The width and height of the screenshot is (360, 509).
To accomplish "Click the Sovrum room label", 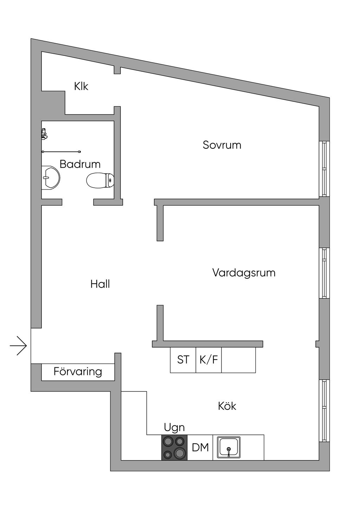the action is pos(222,145).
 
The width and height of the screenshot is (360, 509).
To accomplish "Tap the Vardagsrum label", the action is pos(244,273).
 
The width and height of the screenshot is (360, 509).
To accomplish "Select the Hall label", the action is pos(100,284).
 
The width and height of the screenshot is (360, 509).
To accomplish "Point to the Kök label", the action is pos(227,406).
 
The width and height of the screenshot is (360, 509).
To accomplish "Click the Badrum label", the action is pos(80,164).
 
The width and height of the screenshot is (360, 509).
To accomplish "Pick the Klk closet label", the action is pos(81,86).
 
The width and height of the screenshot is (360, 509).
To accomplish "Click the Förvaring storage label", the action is pos(78,372).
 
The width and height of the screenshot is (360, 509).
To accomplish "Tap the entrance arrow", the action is pos(18,346).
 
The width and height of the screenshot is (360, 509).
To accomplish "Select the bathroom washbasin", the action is pos(50,178).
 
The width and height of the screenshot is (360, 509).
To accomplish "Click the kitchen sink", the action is pos(229,447).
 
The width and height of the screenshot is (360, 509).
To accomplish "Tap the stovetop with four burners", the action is pos(174,447).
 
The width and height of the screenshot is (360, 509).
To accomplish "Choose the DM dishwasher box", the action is pos(200,447).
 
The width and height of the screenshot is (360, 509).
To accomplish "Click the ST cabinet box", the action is pos(183,360).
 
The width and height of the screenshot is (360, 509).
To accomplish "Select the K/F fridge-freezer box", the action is pos(209,360).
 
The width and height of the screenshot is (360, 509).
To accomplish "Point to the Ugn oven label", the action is pos(174,427).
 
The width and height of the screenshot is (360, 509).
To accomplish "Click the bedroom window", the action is pos(324,169).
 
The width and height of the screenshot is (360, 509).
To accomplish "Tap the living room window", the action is pos(324,273).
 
